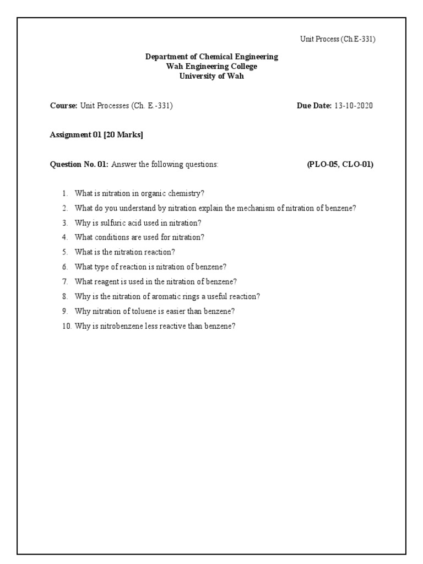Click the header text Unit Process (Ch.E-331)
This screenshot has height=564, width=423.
click(338, 39)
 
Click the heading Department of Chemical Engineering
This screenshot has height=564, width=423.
click(211, 57)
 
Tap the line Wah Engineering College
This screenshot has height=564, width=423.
click(211, 67)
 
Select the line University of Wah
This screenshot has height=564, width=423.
click(211, 77)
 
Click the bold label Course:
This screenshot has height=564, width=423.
click(64, 106)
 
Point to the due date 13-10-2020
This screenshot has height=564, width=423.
click(354, 106)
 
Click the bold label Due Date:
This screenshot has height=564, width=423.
click(314, 106)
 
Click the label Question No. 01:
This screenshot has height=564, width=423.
click(79, 164)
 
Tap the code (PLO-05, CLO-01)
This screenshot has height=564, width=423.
click(340, 164)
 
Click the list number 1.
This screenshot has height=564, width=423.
click(64, 193)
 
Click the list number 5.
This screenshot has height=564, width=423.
click(64, 252)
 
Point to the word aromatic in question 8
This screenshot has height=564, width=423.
click(163, 296)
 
